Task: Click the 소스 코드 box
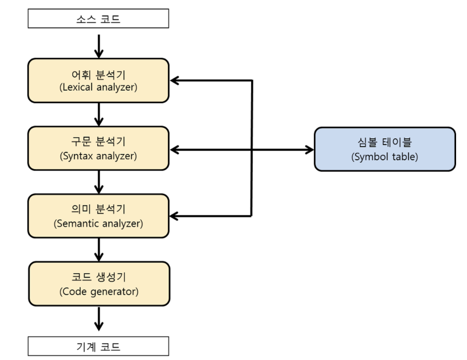click(98, 19)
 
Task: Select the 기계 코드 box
click(98, 346)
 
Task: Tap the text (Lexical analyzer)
click(98, 87)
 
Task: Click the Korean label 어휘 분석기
click(98, 74)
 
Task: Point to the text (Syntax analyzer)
click(98, 156)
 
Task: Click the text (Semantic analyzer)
click(98, 224)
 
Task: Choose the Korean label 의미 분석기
click(98, 210)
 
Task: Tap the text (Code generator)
click(99, 291)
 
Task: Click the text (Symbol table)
click(385, 157)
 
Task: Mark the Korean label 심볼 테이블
click(385, 142)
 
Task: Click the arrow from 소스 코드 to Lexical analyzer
click(99, 46)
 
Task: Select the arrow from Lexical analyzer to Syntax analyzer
click(99, 114)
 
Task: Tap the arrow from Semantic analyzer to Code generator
click(99, 249)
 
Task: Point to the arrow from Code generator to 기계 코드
click(99, 318)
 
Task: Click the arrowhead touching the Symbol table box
click(310, 149)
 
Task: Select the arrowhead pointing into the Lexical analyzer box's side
click(175, 81)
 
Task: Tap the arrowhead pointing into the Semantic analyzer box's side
click(175, 215)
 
